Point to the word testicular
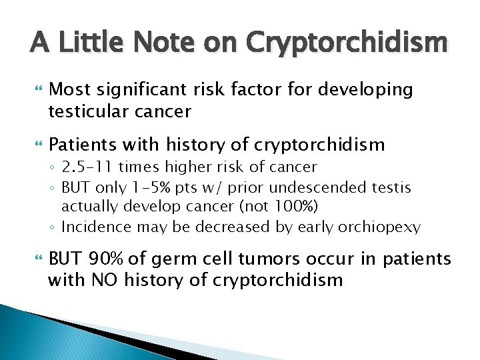[89, 111]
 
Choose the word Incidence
[95, 227]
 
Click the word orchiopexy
[381, 227]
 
